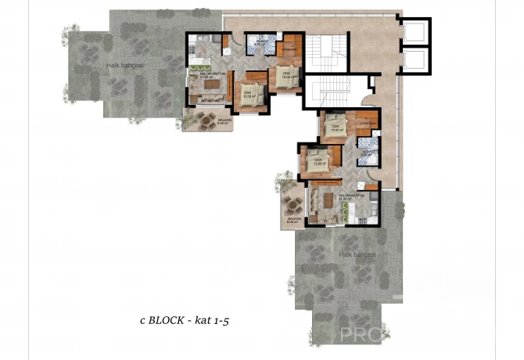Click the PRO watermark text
tap(361, 336)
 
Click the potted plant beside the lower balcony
tap(279, 185)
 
